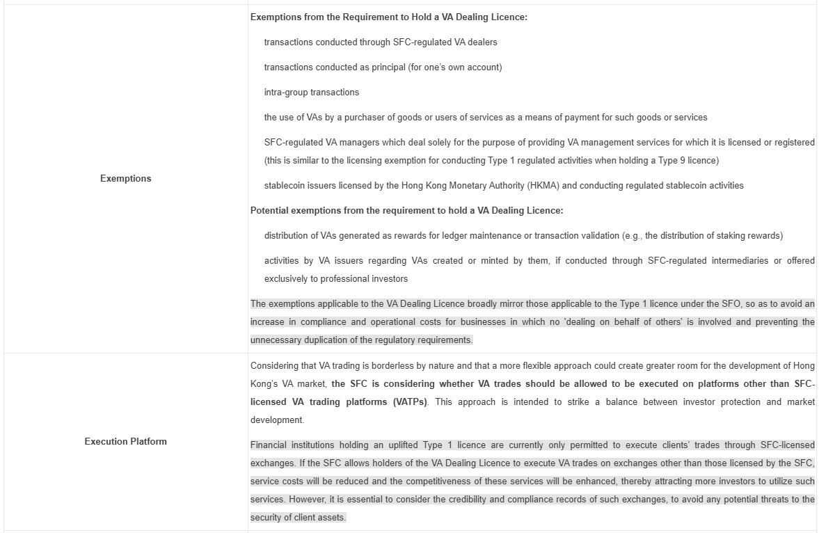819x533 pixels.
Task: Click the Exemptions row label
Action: pyautogui.click(x=125, y=179)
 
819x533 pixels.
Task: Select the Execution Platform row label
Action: pyautogui.click(x=125, y=441)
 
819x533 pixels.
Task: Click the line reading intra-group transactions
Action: pyautogui.click(x=311, y=93)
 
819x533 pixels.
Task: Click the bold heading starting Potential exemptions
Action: pyautogui.click(x=406, y=211)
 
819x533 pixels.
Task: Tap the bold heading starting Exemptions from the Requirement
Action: pyautogui.click(x=388, y=17)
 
